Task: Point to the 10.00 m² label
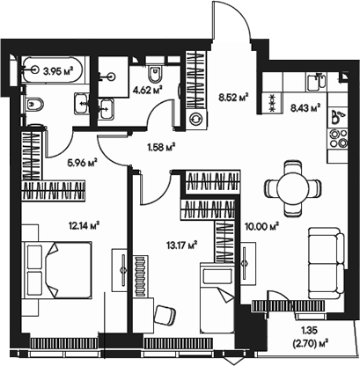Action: click(x=262, y=225)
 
